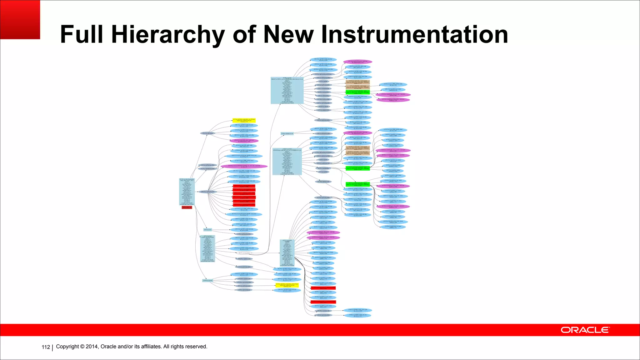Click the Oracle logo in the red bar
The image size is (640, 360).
[585, 330]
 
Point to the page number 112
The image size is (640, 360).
[46, 347]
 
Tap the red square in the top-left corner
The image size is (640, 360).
[20, 19]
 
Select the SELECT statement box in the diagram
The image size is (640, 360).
[287, 90]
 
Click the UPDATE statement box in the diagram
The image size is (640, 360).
[287, 161]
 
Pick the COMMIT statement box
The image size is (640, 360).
[287, 253]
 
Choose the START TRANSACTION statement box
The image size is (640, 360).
[207, 248]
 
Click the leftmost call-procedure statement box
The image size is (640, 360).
[187, 192]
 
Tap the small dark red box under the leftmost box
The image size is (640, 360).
[187, 207]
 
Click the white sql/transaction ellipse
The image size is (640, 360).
[244, 253]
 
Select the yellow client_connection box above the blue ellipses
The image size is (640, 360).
[244, 120]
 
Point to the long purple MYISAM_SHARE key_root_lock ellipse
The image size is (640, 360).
[244, 166]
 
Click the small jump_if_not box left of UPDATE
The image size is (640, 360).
[287, 134]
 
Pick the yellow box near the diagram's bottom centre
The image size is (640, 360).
[287, 285]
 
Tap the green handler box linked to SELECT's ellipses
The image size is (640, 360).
[357, 92]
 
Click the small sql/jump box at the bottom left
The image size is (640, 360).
[207, 281]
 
